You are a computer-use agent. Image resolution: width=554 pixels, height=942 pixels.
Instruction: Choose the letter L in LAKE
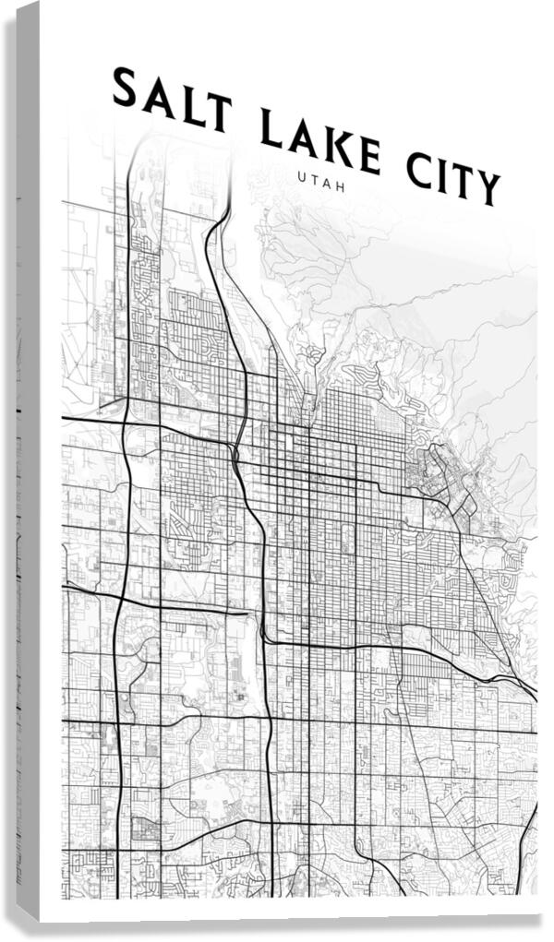tap(269, 129)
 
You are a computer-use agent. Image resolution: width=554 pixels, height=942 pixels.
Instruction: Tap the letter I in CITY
tap(443, 176)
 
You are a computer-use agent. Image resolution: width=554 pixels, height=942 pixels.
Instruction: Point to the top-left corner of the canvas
tap(41, 3)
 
